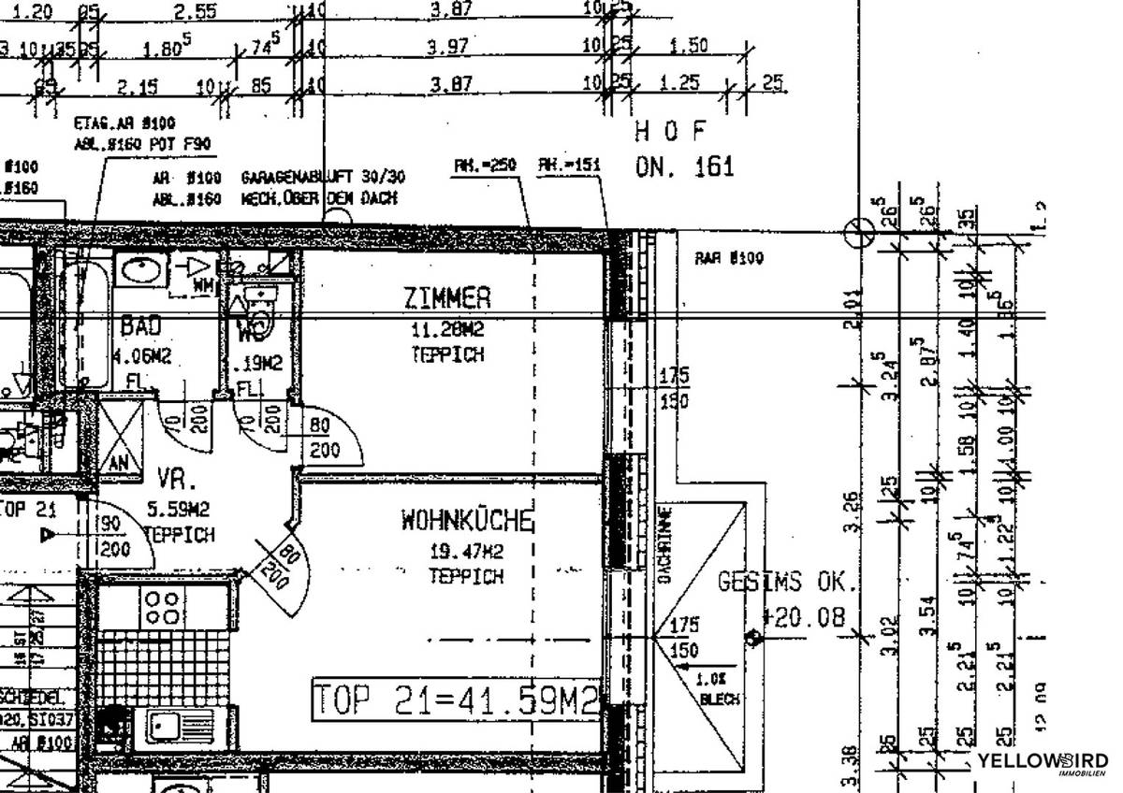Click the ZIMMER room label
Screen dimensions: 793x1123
[447, 298]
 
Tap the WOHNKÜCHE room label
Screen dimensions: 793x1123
[467, 521]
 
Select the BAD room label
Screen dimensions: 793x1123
[140, 326]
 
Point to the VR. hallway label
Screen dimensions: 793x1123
[177, 480]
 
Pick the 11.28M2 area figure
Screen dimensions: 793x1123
[447, 330]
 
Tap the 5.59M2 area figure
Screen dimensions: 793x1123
[179, 511]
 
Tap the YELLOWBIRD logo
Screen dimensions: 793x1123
[1042, 762]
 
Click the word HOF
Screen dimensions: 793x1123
[670, 130]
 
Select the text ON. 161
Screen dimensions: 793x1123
[684, 167]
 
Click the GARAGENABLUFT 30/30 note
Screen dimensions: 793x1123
[323, 177]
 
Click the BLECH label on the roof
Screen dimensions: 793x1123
[719, 699]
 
